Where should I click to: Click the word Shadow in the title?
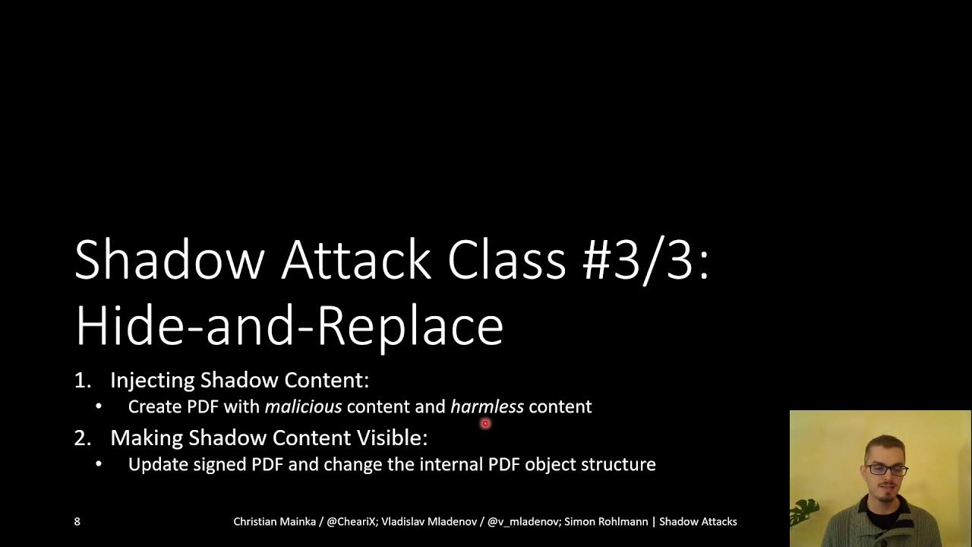click(169, 260)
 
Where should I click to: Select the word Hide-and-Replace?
click(289, 325)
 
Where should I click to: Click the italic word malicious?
click(303, 406)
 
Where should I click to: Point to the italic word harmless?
click(487, 406)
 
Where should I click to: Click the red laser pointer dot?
click(485, 424)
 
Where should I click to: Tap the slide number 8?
click(77, 521)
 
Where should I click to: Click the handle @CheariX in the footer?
click(351, 521)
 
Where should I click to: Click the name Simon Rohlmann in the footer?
click(606, 521)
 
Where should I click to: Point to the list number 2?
click(81, 438)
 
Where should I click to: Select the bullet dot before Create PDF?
click(99, 406)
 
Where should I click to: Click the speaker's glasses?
click(886, 470)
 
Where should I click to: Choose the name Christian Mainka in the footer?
click(274, 521)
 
